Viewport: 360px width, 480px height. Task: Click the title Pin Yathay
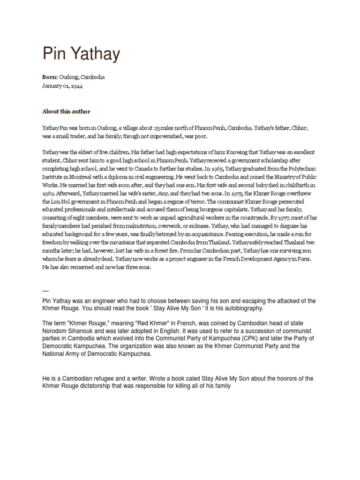coord(81,54)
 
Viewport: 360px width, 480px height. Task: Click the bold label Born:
coord(50,77)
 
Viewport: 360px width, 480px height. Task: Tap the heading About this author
coord(66,112)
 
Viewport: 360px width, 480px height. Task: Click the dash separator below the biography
coord(45,290)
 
